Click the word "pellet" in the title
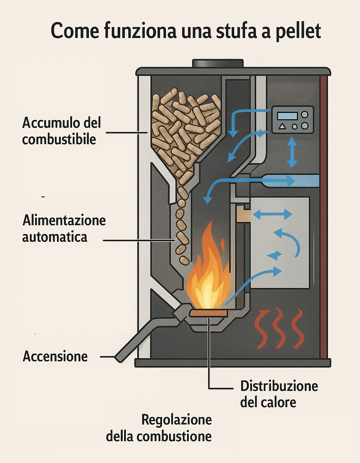(298, 31)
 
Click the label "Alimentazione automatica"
(64, 229)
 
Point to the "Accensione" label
(55, 356)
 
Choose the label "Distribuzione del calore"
(279, 394)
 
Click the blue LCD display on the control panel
(287, 116)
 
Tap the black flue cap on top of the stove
(218, 63)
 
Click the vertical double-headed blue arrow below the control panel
(292, 152)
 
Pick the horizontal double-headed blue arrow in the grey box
(272, 214)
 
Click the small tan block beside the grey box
(243, 214)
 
